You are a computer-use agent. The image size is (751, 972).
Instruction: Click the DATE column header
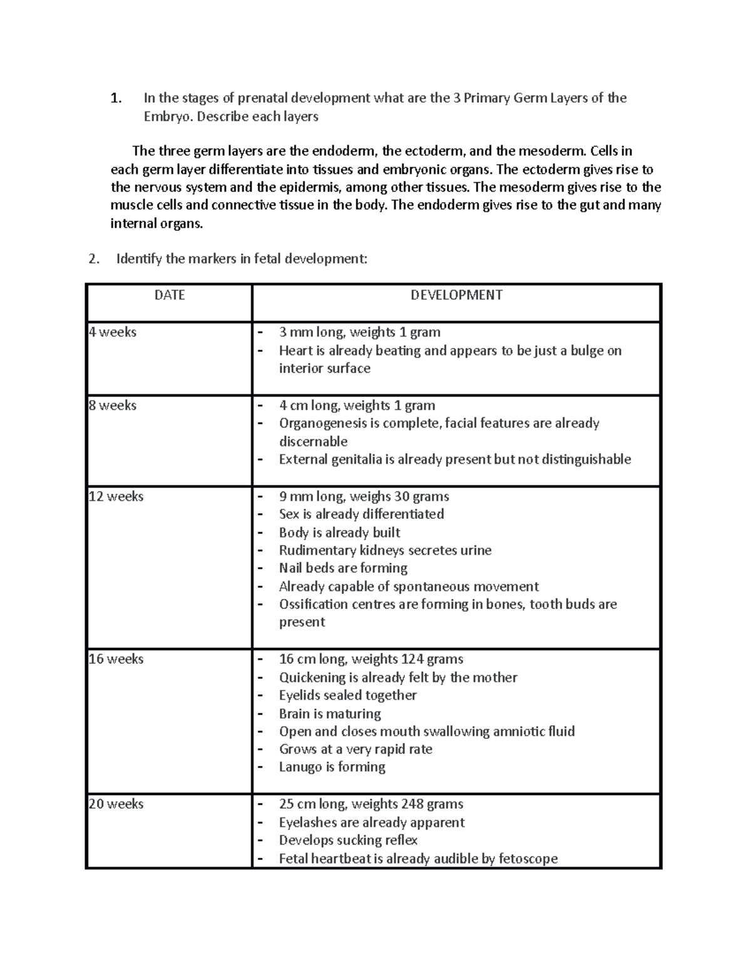pyautogui.click(x=170, y=295)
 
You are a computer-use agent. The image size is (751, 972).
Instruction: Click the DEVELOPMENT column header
pyautogui.click(x=456, y=295)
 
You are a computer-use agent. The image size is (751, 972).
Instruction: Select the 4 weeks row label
pyautogui.click(x=113, y=332)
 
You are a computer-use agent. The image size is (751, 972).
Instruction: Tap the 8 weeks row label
pyautogui.click(x=113, y=406)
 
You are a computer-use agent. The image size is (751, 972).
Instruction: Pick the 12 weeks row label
pyautogui.click(x=116, y=496)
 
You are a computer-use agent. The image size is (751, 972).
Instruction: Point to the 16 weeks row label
pyautogui.click(x=116, y=659)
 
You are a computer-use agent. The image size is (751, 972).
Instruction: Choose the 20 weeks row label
pyautogui.click(x=116, y=804)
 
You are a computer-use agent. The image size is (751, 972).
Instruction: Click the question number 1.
pyautogui.click(x=115, y=98)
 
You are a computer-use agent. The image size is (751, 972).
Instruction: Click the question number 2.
pyautogui.click(x=93, y=259)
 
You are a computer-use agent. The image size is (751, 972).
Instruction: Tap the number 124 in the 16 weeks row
pyautogui.click(x=407, y=659)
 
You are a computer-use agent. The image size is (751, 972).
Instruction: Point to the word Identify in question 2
pyautogui.click(x=139, y=259)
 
